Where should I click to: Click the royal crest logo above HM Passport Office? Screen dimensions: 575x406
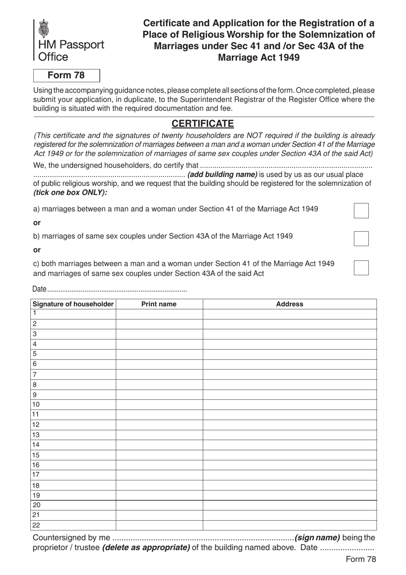44,29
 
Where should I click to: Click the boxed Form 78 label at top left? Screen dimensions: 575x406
67,75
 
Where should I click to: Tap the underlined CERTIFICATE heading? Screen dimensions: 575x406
203,124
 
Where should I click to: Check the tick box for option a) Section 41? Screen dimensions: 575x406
361,211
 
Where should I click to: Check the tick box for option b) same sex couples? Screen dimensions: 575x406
361,238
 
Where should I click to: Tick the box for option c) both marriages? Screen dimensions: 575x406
361,268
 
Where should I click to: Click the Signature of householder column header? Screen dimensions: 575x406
73,304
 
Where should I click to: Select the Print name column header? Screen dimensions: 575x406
159,304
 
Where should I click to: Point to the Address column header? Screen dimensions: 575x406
289,304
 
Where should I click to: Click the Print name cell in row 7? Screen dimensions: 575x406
159,375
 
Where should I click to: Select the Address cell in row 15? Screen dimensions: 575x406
289,455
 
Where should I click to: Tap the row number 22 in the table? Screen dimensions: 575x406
36,525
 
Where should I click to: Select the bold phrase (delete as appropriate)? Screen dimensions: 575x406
146,548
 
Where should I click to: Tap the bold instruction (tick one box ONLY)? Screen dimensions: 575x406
71,192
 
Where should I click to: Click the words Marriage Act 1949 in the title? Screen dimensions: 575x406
259,57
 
